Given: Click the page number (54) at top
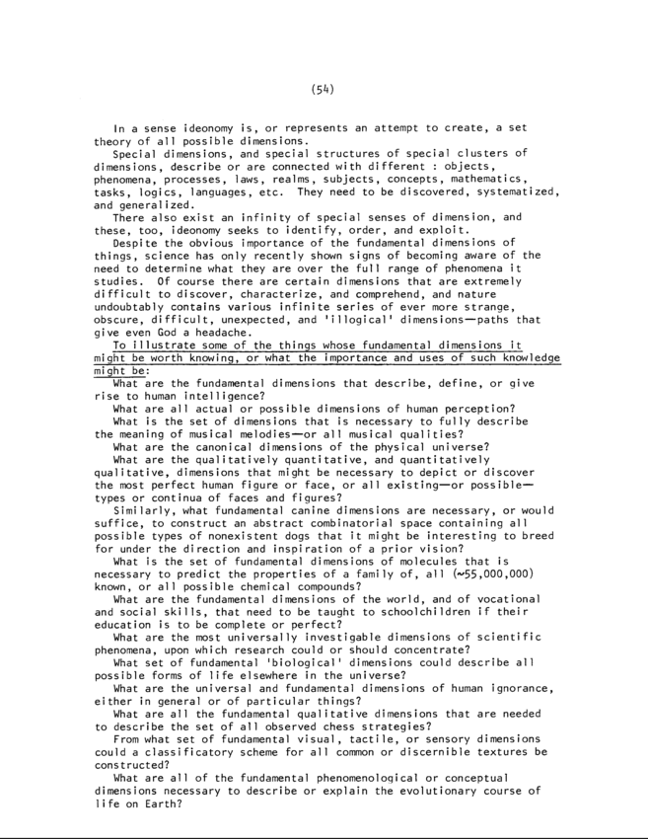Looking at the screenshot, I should click(324, 89).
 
